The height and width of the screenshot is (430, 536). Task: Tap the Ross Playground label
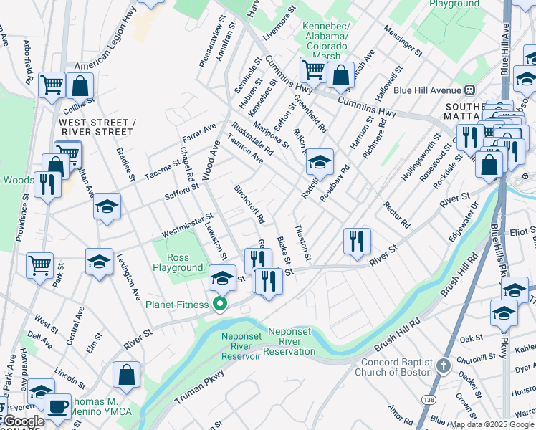[178, 262]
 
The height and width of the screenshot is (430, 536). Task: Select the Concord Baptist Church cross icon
[444, 365]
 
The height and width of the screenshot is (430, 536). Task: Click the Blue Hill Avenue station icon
[471, 90]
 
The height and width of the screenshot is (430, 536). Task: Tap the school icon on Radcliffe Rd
[319, 163]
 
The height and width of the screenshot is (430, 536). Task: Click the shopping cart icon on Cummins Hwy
[313, 70]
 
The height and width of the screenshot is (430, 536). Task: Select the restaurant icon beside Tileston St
[356, 242]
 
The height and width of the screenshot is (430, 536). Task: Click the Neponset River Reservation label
[292, 341]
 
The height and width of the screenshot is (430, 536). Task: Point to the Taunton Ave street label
[246, 148]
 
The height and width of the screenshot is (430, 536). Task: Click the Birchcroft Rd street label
[249, 203]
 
